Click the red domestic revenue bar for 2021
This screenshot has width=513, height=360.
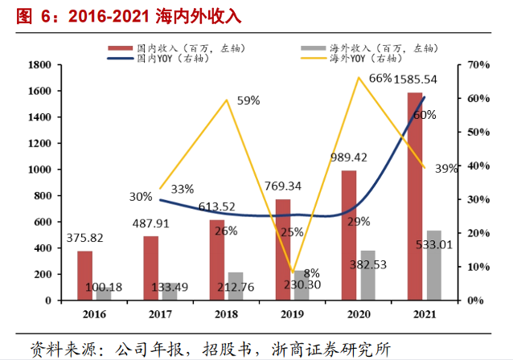[x=414, y=197]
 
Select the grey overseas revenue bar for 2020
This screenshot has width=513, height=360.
[x=367, y=276]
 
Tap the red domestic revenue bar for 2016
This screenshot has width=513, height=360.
[x=85, y=276]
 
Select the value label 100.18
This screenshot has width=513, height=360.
[x=103, y=287]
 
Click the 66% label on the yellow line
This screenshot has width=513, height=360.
[x=380, y=78]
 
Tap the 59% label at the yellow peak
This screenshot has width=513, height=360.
[x=248, y=100]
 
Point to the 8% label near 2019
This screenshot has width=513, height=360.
[x=312, y=272]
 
